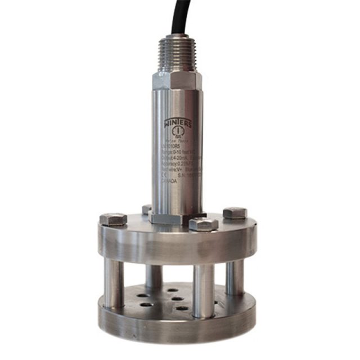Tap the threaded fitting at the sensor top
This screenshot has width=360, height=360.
tap(179, 53)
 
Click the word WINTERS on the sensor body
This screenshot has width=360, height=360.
tap(177, 123)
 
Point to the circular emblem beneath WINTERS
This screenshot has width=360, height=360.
tap(173, 134)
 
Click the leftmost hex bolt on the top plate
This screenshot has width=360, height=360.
tap(112, 219)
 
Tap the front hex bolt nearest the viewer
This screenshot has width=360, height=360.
tap(203, 224)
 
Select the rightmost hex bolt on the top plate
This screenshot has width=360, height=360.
tap(235, 213)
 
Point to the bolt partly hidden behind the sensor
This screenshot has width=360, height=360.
tap(147, 209)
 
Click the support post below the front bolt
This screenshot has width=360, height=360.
tap(203, 290)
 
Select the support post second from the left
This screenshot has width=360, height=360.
tap(154, 275)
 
